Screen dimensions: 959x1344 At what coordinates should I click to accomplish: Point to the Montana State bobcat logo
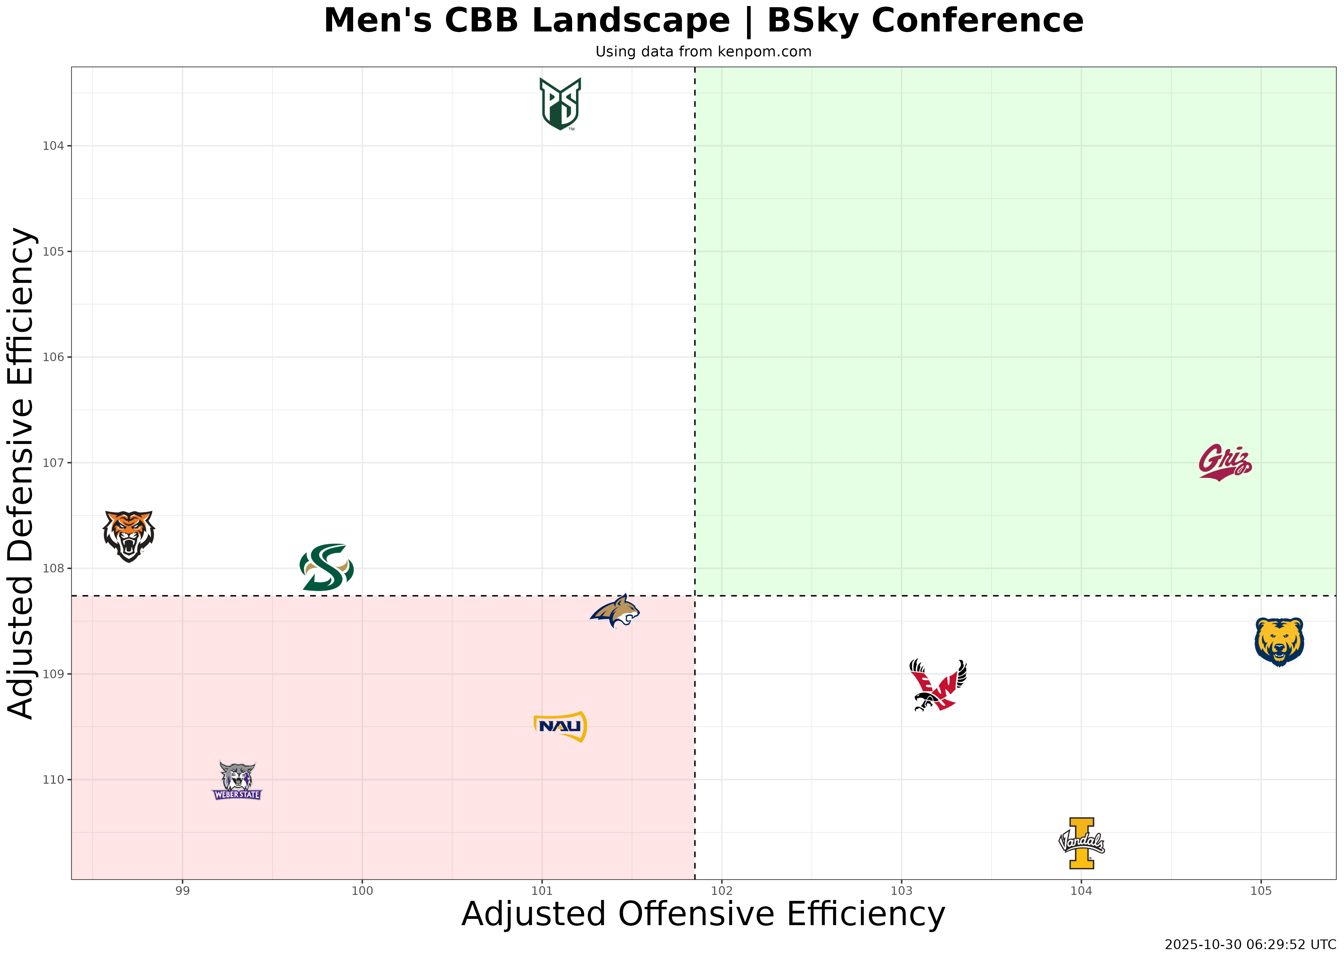click(x=615, y=612)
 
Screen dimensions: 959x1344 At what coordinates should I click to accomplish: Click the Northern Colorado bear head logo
click(x=1279, y=642)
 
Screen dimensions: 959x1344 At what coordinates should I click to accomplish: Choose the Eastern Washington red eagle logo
click(x=938, y=685)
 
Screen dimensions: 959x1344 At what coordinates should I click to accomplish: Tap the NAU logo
click(x=560, y=726)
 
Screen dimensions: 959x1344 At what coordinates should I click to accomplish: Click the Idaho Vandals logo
click(x=1081, y=843)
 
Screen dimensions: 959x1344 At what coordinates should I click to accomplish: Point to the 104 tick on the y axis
click(x=53, y=146)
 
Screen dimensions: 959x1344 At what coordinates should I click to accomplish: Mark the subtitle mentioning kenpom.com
click(x=703, y=52)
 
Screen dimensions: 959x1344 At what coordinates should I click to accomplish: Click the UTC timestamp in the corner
click(x=1250, y=945)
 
